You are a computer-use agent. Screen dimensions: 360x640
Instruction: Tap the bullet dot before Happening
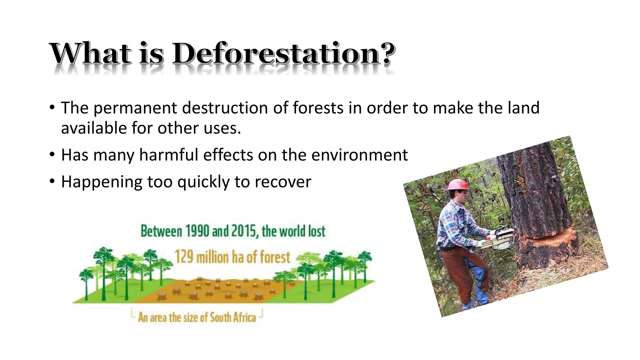pyautogui.click(x=52, y=181)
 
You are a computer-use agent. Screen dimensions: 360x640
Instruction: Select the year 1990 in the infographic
pyautogui.click(x=197, y=231)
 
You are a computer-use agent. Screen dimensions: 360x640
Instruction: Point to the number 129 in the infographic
pyautogui.click(x=184, y=257)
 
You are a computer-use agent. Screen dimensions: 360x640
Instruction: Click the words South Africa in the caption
pyautogui.click(x=233, y=317)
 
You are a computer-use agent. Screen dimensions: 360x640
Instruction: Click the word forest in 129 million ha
pyautogui.click(x=275, y=257)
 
